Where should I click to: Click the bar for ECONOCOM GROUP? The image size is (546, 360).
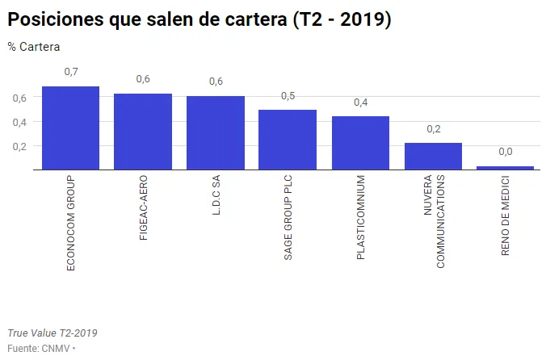[x=70, y=128]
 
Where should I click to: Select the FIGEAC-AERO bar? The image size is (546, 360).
[x=143, y=132]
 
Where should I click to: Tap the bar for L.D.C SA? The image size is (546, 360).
[x=216, y=133]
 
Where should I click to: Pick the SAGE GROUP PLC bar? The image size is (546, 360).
[x=288, y=140]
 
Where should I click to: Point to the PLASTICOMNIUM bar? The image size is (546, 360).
[x=360, y=143]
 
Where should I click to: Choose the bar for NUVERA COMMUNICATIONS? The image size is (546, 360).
[x=433, y=157]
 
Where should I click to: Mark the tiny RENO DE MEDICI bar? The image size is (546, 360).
[x=505, y=168]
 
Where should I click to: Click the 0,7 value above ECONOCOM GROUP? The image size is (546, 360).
[x=71, y=73]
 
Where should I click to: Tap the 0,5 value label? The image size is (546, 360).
[x=288, y=96]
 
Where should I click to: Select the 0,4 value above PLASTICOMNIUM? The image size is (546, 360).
[x=361, y=103]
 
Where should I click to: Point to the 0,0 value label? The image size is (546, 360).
[x=506, y=152]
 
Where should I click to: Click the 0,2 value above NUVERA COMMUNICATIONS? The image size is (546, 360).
[x=434, y=129]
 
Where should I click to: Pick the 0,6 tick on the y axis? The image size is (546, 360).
[x=19, y=98]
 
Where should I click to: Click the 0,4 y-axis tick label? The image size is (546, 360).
[x=19, y=122]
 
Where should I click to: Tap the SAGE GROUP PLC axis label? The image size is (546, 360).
[x=288, y=216]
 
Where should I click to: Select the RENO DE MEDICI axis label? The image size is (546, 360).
[x=506, y=216]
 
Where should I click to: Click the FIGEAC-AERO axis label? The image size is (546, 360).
[x=143, y=210]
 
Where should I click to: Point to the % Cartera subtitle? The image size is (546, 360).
[x=34, y=47]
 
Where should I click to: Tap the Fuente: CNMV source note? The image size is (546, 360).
[x=39, y=348]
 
